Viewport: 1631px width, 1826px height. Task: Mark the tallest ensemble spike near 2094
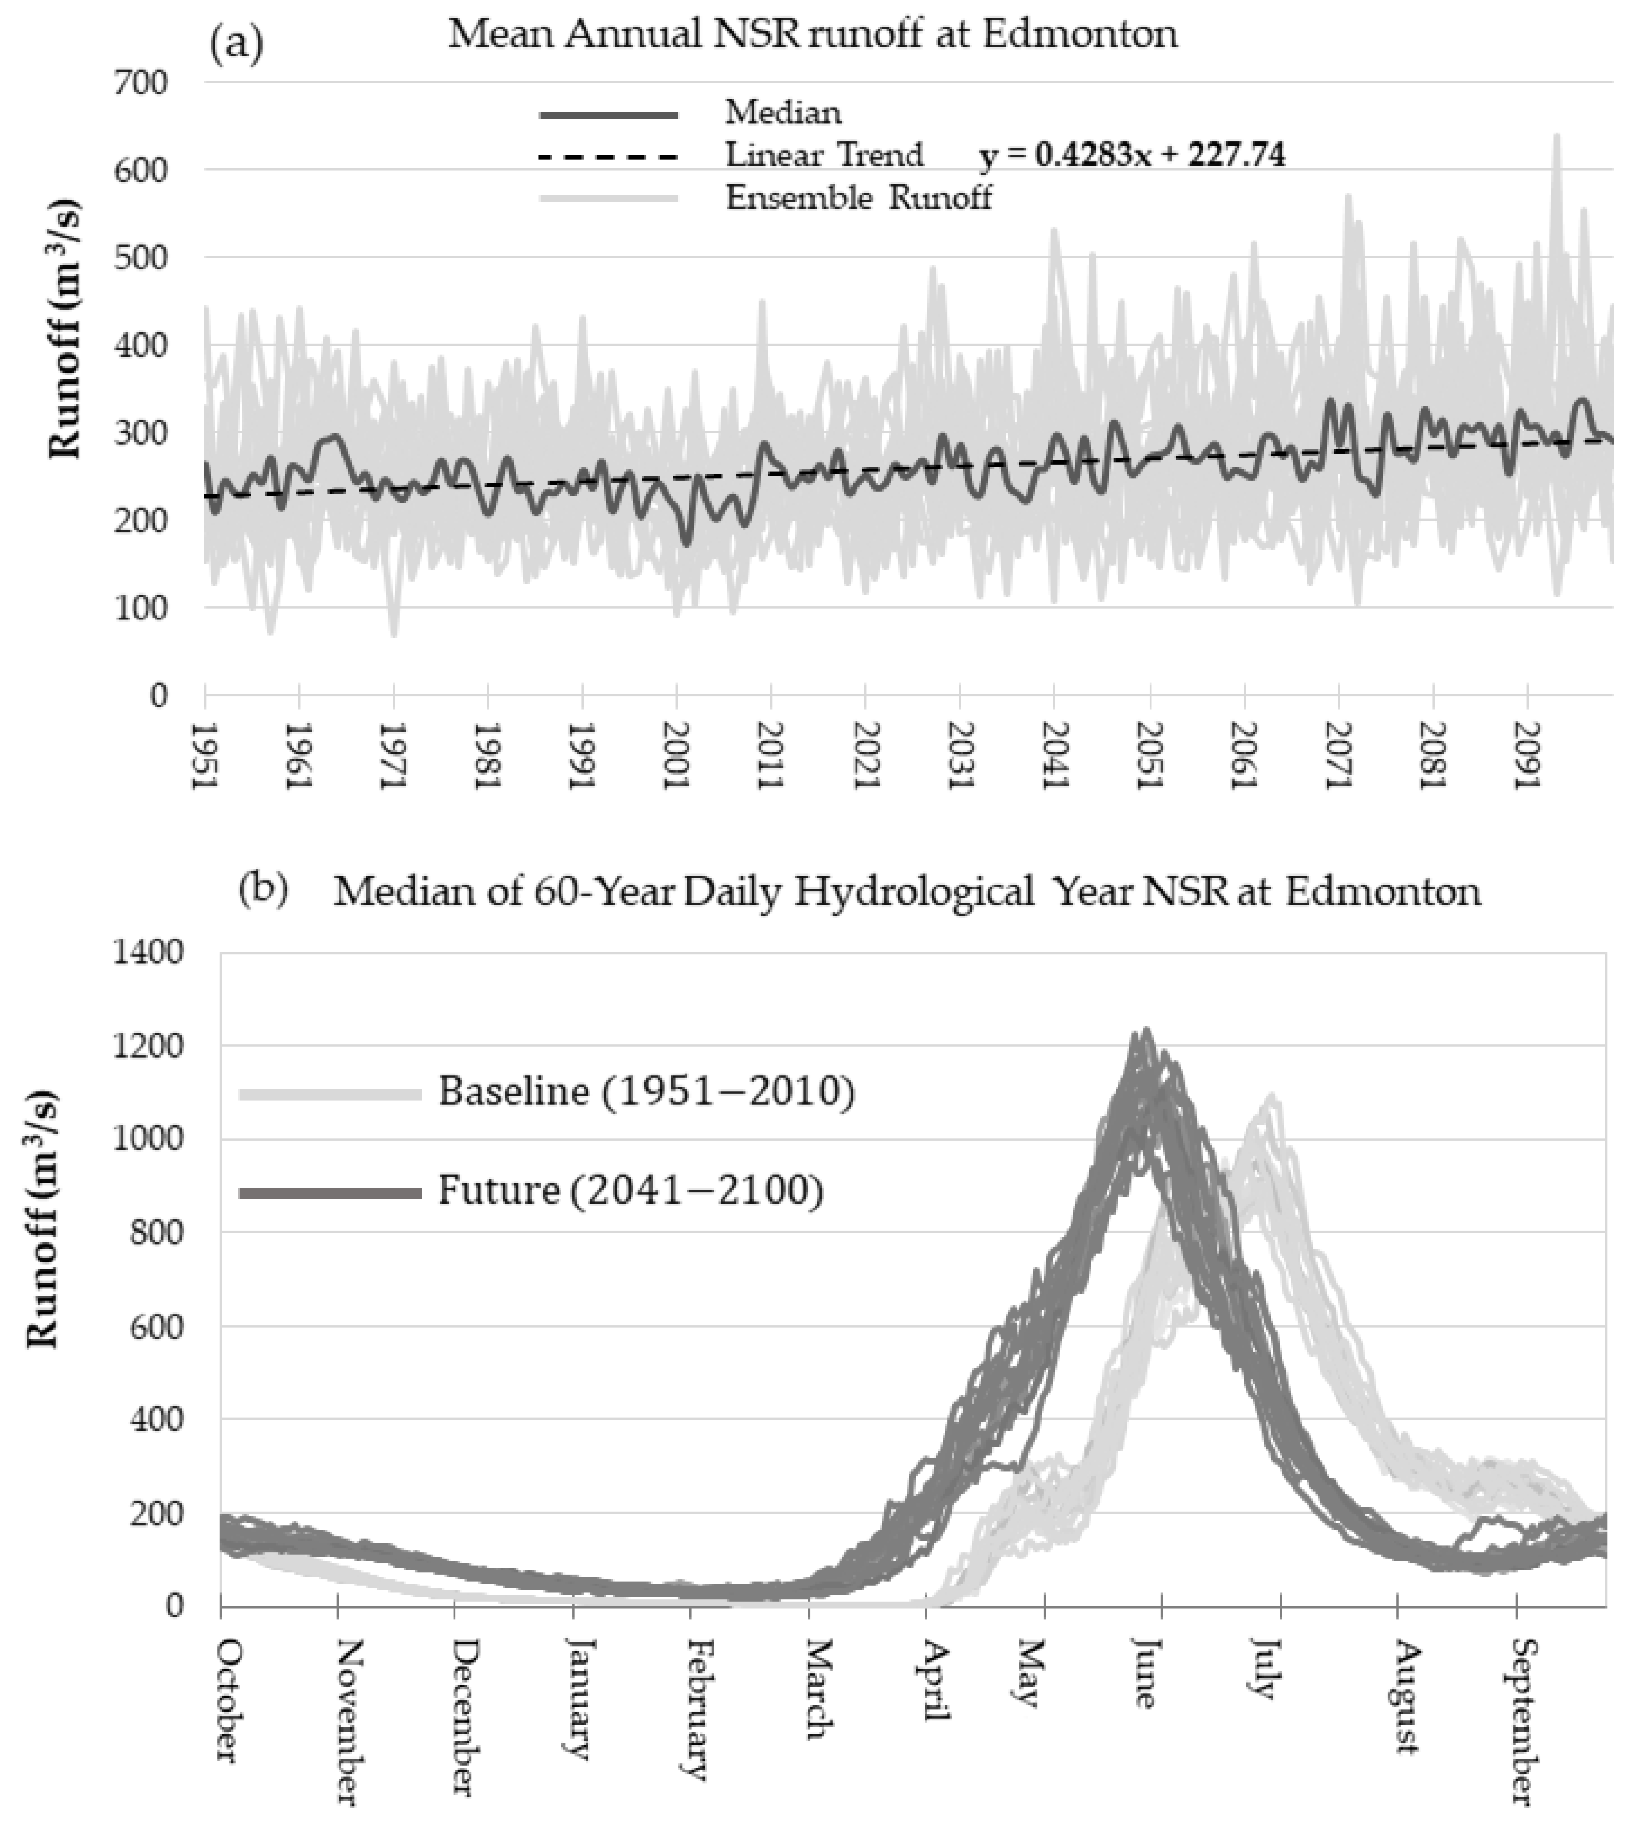tap(1556, 137)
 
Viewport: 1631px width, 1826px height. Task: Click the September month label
tap(1518, 1721)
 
